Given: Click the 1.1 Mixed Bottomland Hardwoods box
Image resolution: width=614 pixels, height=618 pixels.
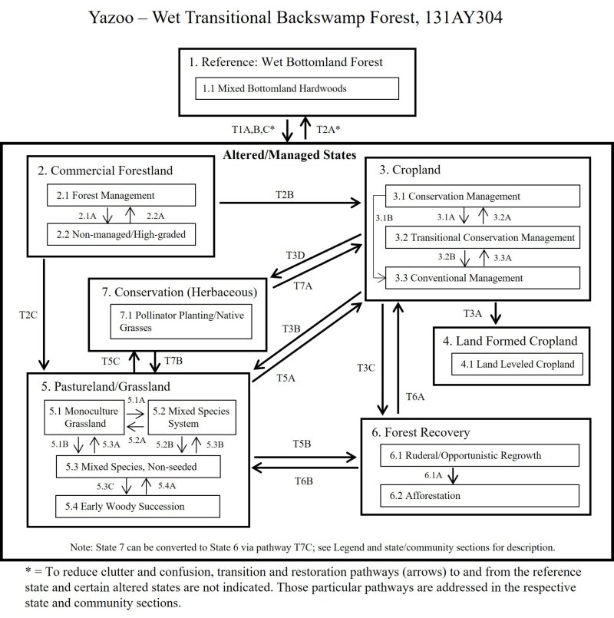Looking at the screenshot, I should pos(296,88).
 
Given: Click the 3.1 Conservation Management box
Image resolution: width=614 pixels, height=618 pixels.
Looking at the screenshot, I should pos(481,197).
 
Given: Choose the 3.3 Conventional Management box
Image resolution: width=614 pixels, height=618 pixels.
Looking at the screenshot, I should pos(481,277).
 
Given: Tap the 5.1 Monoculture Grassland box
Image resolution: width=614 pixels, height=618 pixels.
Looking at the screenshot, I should pos(84,417).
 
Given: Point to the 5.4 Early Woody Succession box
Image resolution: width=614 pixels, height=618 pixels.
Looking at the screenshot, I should pos(137,507).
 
